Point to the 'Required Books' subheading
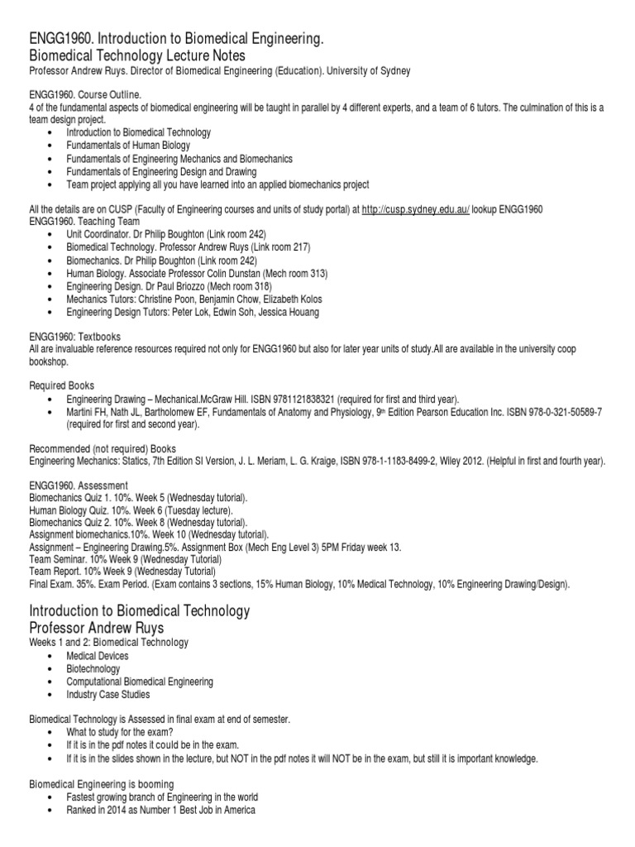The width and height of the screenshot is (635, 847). click(62, 385)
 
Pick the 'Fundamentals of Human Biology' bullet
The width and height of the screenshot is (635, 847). click(128, 146)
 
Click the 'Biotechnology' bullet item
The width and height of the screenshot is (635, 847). click(93, 669)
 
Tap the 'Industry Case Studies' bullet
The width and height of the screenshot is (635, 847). click(108, 695)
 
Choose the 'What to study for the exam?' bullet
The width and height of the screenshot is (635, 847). click(119, 732)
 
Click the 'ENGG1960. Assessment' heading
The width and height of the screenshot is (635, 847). click(79, 485)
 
